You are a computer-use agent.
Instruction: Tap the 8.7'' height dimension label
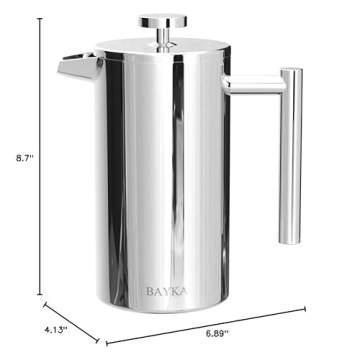click(14, 157)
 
